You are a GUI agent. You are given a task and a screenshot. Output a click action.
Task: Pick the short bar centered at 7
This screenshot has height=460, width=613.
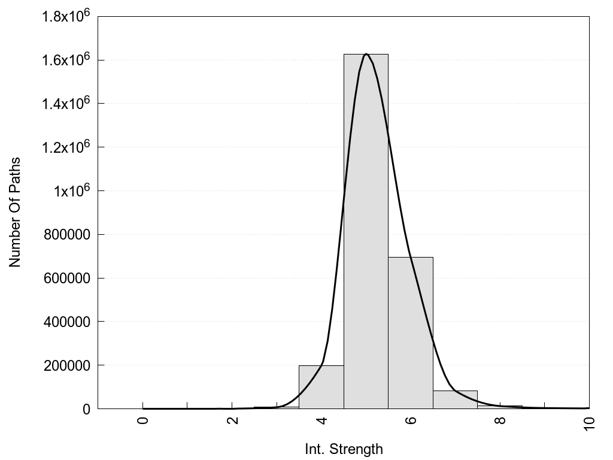click(x=455, y=400)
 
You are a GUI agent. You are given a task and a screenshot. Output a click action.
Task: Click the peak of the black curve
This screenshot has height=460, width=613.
click(x=366, y=54)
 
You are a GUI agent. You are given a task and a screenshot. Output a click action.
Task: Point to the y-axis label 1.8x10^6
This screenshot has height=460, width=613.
click(x=65, y=16)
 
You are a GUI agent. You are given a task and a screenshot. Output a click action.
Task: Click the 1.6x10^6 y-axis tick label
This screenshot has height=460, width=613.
click(x=65, y=60)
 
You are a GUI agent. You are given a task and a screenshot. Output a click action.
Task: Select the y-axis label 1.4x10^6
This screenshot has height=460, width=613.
click(x=65, y=104)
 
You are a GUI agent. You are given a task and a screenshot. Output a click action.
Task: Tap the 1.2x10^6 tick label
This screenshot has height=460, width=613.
click(x=65, y=147)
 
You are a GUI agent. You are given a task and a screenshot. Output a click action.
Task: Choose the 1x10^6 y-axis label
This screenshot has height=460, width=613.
click(x=71, y=191)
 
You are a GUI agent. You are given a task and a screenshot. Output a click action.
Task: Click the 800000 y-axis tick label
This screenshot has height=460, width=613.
click(x=68, y=234)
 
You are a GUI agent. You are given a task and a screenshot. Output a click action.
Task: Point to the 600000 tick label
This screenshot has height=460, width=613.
click(x=68, y=278)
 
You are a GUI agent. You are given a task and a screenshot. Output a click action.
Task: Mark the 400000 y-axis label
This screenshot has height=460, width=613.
click(x=68, y=322)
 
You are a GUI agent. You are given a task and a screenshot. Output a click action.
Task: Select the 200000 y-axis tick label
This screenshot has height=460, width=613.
click(x=68, y=365)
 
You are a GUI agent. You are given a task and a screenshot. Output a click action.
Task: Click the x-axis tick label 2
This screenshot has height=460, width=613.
click(x=232, y=420)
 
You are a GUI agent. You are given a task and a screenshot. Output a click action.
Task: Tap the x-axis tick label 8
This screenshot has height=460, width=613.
click(x=500, y=420)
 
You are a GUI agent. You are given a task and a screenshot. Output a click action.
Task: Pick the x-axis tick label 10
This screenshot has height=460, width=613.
click(x=589, y=423)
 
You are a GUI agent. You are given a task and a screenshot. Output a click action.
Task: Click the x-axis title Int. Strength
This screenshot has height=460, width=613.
click(x=344, y=449)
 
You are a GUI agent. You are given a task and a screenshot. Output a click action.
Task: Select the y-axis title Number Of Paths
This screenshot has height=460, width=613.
click(x=15, y=212)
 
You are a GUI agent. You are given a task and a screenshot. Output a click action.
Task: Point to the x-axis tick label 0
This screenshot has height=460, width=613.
click(x=143, y=420)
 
